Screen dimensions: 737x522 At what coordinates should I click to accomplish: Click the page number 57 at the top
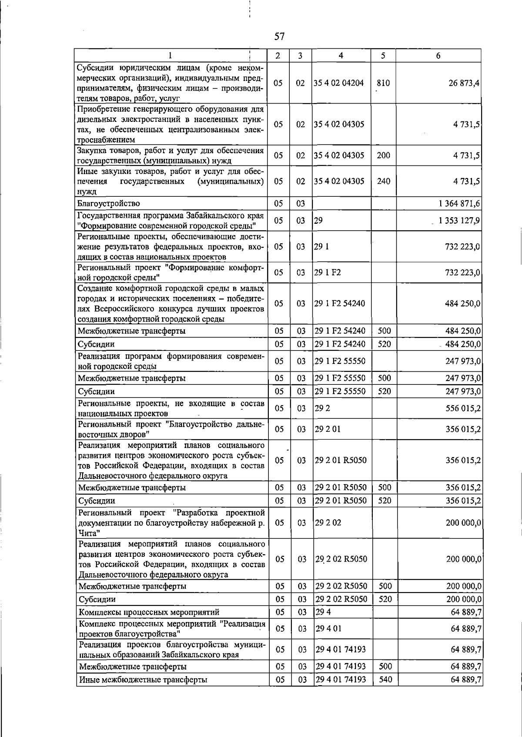click(279, 37)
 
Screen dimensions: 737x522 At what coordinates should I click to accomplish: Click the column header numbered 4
click(341, 55)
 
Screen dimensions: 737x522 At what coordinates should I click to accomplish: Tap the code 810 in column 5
click(383, 83)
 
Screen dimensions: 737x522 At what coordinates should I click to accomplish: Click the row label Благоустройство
click(109, 203)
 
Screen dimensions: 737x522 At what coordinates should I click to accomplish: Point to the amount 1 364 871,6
click(459, 203)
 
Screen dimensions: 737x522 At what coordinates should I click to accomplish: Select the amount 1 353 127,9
click(459, 221)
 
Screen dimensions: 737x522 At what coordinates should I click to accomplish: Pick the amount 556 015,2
click(463, 408)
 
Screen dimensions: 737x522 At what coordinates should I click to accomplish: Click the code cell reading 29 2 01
click(328, 429)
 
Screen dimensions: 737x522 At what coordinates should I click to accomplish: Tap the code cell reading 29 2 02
click(328, 522)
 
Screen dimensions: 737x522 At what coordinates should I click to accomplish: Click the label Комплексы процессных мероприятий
click(149, 612)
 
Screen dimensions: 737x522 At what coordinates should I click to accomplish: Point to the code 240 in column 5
click(383, 181)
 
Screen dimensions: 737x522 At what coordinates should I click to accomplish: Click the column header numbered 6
click(438, 55)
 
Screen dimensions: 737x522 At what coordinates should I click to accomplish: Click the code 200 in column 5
click(383, 155)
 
